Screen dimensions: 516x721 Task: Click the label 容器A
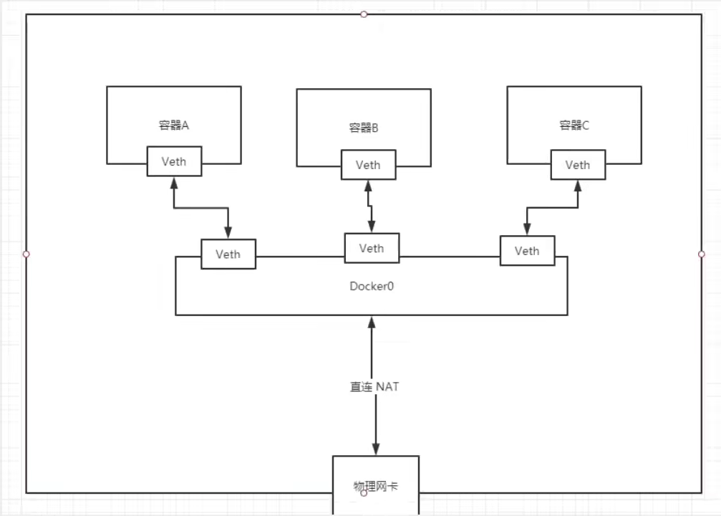(174, 125)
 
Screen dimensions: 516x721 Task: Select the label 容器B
(364, 128)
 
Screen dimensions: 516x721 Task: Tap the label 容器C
(575, 125)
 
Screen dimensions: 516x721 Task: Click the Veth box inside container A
(174, 161)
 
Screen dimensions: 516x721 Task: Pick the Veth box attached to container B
(368, 165)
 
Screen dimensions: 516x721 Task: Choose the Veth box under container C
(578, 165)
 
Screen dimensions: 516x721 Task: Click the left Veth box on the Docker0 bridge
(228, 254)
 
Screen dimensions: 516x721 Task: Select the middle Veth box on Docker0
(372, 249)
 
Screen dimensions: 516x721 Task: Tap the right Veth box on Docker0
(527, 251)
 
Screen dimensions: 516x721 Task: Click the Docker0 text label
(372, 286)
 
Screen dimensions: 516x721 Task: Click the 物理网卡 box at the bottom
(375, 485)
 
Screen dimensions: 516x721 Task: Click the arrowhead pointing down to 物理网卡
(375, 449)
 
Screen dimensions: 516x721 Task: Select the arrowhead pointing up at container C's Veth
(578, 185)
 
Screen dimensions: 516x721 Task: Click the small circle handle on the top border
(364, 14)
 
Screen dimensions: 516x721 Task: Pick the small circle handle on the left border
(26, 254)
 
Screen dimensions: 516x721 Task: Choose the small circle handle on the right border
(702, 254)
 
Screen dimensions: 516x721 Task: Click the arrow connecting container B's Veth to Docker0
(370, 208)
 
